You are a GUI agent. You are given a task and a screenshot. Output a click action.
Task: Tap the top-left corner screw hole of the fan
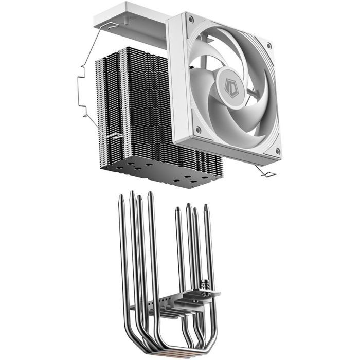[x=191, y=20]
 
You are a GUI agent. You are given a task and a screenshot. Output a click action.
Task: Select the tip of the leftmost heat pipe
[x=120, y=197]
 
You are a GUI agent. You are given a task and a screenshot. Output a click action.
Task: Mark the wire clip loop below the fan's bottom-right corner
[x=269, y=174]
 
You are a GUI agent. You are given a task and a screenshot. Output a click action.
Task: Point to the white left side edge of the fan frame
[x=174, y=77]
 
